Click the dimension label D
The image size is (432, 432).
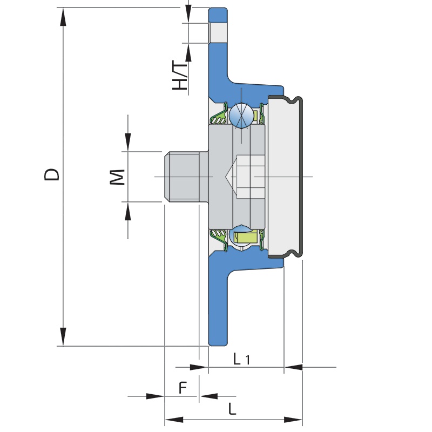52,174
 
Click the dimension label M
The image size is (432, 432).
117,177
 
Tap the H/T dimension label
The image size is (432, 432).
180,75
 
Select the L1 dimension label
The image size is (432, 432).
241,359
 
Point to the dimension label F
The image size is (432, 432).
183,387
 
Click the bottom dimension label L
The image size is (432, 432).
232,409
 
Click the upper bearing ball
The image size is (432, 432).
241,115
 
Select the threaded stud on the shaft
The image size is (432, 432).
182,177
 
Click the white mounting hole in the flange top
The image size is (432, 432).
218,33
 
